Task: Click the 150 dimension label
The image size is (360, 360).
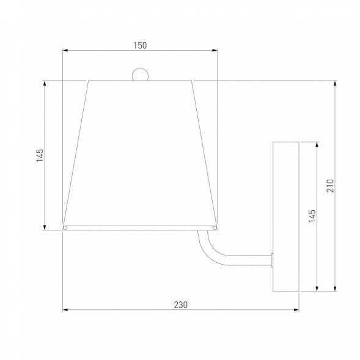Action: click(140, 45)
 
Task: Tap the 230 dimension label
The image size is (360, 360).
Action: click(181, 305)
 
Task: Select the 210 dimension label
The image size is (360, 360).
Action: click(330, 186)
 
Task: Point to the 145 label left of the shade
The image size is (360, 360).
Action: click(40, 155)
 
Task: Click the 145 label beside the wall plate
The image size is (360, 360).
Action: click(312, 216)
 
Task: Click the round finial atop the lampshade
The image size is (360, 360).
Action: click(140, 75)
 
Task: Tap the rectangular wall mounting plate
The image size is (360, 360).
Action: click(286, 216)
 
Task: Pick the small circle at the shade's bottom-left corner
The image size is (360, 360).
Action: click(65, 228)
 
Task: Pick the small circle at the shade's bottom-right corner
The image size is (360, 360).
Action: click(215, 228)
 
